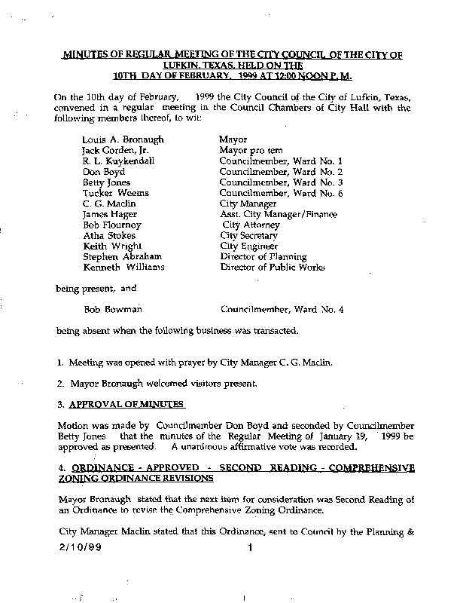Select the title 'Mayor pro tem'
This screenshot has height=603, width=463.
[x=250, y=151]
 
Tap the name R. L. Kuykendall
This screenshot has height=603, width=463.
[x=119, y=161]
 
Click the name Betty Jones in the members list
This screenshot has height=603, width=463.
[x=106, y=182]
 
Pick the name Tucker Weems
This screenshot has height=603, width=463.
[x=115, y=193]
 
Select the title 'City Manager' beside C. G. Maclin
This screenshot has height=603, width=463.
[x=248, y=204]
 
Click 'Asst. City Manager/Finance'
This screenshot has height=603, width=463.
[x=278, y=214]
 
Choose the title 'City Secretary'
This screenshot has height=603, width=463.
[x=249, y=235]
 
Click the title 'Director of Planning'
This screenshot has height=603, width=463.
[x=260, y=256]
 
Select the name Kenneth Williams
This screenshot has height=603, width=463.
[x=123, y=267]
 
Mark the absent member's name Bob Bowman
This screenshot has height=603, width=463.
[x=112, y=309]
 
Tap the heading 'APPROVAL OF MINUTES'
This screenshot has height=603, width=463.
[x=126, y=404]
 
